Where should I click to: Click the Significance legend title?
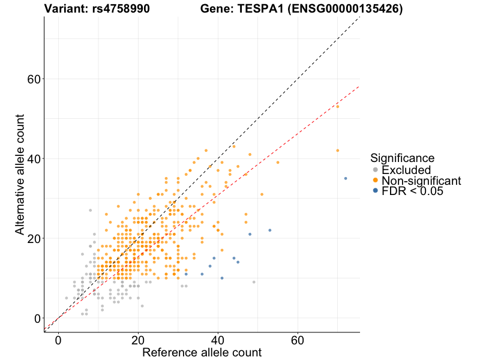[402, 158]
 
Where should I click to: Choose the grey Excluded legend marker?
[376, 170]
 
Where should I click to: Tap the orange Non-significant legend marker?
[376, 181]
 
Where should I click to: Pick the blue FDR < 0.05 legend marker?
[376, 191]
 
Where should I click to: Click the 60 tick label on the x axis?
[298, 340]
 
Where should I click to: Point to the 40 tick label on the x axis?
[218, 340]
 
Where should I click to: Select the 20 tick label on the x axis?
[138, 340]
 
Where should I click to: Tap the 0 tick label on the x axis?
[58, 340]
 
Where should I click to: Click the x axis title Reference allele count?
[202, 352]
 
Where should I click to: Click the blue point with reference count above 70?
[346, 178]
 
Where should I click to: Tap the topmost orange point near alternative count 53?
[338, 106]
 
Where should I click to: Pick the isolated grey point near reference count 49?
[254, 282]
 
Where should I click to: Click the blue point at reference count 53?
[270, 230]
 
